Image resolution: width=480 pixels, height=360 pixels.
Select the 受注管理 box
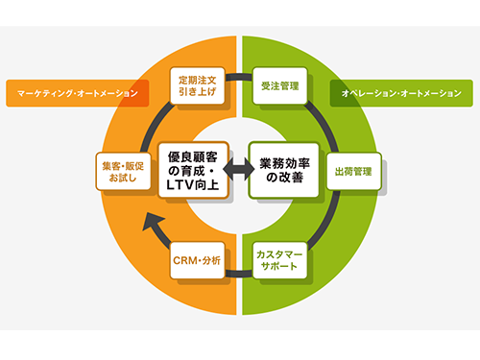[279, 85]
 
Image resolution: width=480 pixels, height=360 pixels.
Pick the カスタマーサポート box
[280, 260]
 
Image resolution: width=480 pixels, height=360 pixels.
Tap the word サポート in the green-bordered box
[280, 268]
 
